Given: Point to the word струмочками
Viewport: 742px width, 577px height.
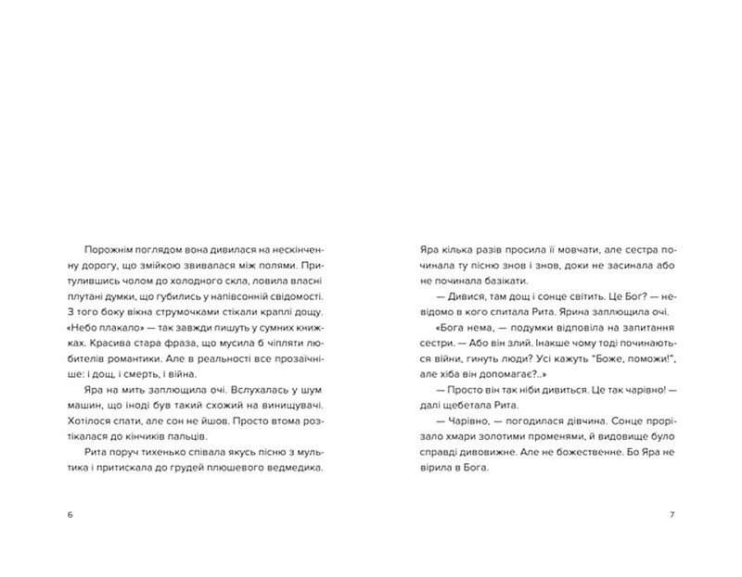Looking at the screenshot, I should point(173,312).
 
